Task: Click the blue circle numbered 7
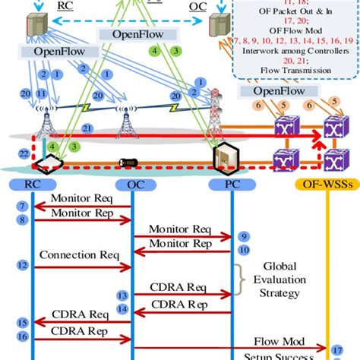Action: [x=23, y=207]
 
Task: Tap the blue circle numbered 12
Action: [x=23, y=265]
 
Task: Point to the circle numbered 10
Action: [x=242, y=248]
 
